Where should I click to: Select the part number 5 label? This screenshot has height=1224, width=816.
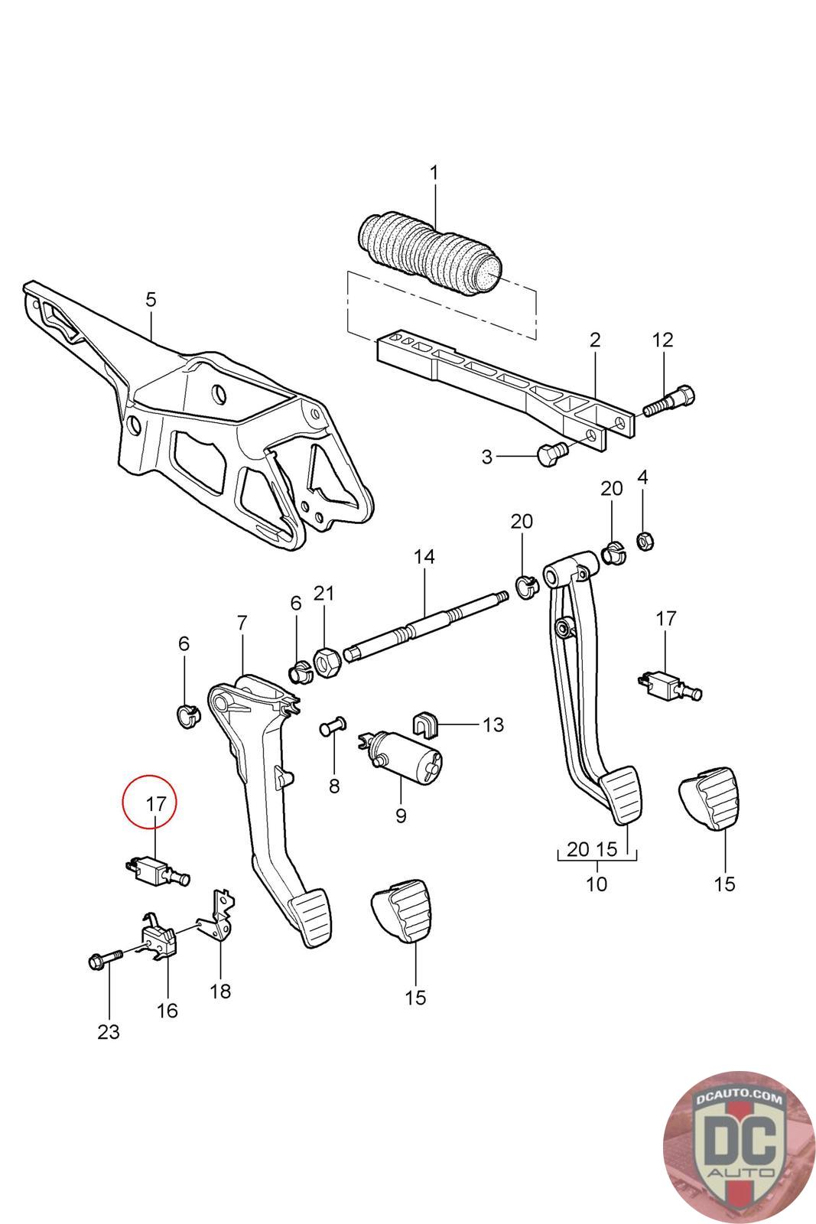tap(151, 299)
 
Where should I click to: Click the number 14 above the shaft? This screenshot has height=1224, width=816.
tap(424, 557)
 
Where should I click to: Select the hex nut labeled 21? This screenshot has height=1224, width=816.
tap(327, 662)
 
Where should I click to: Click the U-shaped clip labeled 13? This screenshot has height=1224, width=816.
tap(424, 723)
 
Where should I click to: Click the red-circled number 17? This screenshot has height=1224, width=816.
tap(155, 804)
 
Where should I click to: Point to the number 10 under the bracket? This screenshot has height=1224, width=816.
tap(596, 884)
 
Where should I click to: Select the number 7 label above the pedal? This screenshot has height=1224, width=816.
tap(242, 623)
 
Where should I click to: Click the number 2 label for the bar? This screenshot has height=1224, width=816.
tap(595, 340)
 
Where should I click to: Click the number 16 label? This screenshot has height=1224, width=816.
tap(167, 1010)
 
